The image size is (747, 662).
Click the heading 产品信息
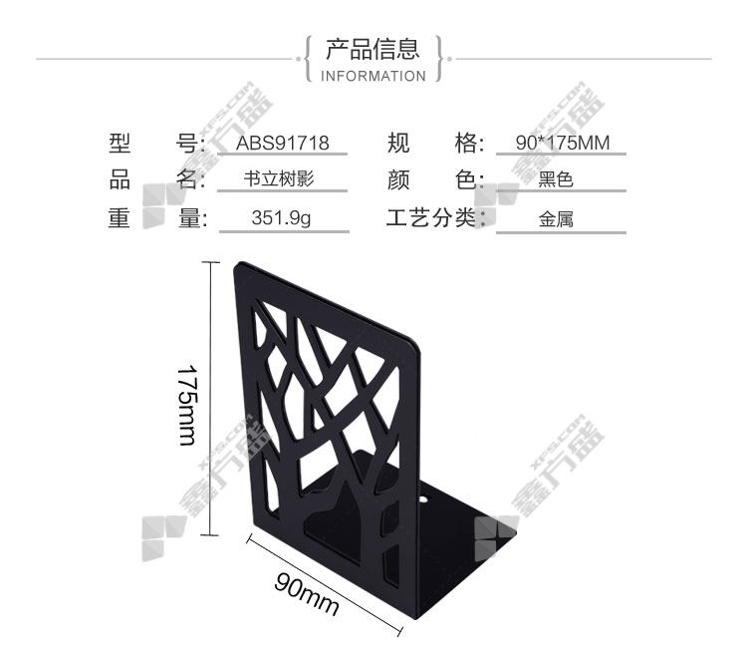(373, 49)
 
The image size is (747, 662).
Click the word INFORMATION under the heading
(373, 77)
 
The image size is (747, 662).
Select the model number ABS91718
(283, 143)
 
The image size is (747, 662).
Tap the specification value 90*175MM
(563, 143)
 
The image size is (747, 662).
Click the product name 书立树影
(279, 179)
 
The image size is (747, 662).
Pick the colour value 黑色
(556, 179)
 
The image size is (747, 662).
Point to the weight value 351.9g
(281, 218)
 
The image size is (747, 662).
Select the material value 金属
(556, 219)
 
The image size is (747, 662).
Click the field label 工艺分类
(431, 218)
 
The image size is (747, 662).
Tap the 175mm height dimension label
(187, 405)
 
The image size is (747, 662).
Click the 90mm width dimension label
(307, 594)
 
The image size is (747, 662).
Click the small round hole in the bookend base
(423, 500)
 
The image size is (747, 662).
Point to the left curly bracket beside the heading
(308, 59)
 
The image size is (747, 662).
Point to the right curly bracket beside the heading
(438, 59)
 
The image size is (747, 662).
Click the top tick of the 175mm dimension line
(211, 262)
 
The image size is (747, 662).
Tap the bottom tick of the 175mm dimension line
(211, 535)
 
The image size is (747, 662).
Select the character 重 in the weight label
(120, 218)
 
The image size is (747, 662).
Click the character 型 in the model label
(120, 143)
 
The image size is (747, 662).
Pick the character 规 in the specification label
(398, 143)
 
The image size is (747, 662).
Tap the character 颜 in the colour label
(398, 180)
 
